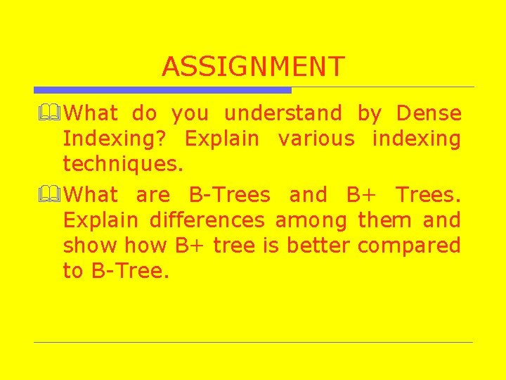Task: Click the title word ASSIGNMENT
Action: [253, 67]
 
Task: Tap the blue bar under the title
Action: [162, 90]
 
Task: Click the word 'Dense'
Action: [429, 113]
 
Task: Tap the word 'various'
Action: [316, 139]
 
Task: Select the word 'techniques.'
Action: [123, 165]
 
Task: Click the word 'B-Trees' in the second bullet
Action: [230, 195]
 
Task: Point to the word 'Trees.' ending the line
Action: [428, 195]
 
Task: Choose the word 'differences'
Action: [207, 220]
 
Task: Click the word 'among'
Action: [311, 220]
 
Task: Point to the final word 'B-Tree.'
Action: [131, 271]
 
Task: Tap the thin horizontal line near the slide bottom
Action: [253, 342]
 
